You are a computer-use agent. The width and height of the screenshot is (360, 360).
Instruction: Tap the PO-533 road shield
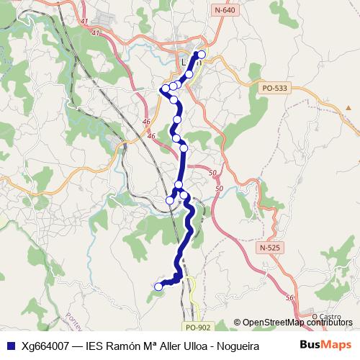pyautogui.click(x=274, y=89)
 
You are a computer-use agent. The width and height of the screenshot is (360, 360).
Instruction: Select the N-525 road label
pyautogui.click(x=268, y=248)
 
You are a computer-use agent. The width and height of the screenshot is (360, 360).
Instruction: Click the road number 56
pyautogui.click(x=289, y=298)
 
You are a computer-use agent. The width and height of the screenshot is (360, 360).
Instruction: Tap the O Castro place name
pyautogui.click(x=326, y=315)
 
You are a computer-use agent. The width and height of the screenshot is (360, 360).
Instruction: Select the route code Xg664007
pyautogui.click(x=45, y=345)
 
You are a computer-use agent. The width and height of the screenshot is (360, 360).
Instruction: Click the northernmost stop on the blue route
pyautogui.click(x=202, y=55)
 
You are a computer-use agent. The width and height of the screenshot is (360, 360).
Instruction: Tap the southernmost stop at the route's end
pyautogui.click(x=158, y=287)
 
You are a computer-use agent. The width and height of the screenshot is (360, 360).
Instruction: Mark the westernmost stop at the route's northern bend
pyautogui.click(x=166, y=89)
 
